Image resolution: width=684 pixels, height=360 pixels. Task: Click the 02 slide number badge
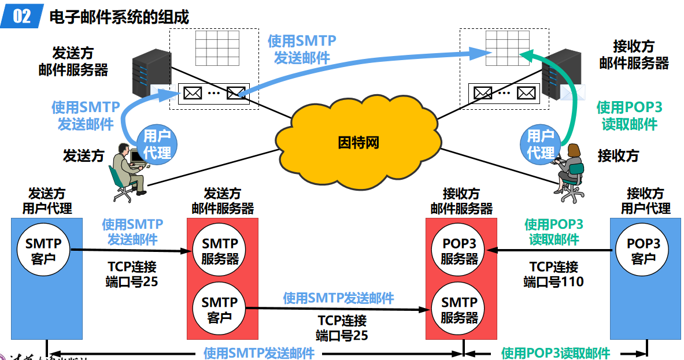21,16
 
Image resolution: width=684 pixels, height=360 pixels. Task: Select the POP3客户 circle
643,251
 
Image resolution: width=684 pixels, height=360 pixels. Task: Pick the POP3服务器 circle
460,251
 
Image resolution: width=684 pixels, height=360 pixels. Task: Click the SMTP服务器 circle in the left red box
220,251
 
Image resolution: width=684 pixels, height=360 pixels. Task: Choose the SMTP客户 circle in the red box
220,309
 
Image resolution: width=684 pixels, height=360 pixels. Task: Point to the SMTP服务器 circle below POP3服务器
460,309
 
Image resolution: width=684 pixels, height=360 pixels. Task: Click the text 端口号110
553,282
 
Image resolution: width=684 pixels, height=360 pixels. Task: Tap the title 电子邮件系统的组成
119,17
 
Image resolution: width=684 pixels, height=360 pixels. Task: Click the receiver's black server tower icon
561,75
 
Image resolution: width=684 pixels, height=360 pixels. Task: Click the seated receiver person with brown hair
570,170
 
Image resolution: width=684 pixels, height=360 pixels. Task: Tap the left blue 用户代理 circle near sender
157,144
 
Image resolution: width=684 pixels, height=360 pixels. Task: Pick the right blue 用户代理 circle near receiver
541,144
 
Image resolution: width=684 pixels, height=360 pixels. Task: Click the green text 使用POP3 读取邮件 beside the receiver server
629,116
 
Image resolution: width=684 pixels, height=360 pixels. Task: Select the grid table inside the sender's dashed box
217,47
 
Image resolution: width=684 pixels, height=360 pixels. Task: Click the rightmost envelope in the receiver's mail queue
526,92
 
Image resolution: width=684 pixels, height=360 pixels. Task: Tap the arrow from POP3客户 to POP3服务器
549,251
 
